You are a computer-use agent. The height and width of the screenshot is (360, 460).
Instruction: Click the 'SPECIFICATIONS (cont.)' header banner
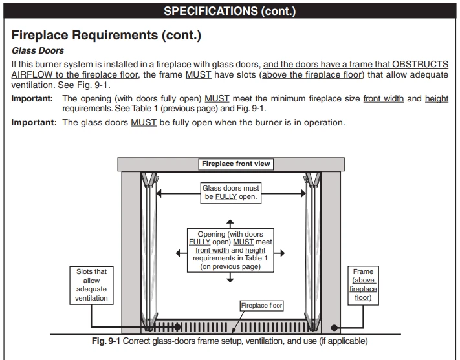[230, 11]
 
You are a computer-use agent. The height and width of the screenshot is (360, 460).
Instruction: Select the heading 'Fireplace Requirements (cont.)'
[107, 36]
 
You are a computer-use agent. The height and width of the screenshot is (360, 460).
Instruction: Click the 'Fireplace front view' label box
[235, 164]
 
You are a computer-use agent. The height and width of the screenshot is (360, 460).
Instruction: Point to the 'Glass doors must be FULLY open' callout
[230, 193]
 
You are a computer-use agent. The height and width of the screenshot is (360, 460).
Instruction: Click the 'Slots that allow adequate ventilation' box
[91, 285]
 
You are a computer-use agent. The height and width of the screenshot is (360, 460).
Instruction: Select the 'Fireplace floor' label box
[262, 305]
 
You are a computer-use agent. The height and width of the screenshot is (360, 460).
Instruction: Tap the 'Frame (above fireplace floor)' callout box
[364, 285]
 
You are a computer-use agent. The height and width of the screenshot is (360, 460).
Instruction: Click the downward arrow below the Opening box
[230, 277]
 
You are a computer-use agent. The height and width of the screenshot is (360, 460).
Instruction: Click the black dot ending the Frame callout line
[334, 327]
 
